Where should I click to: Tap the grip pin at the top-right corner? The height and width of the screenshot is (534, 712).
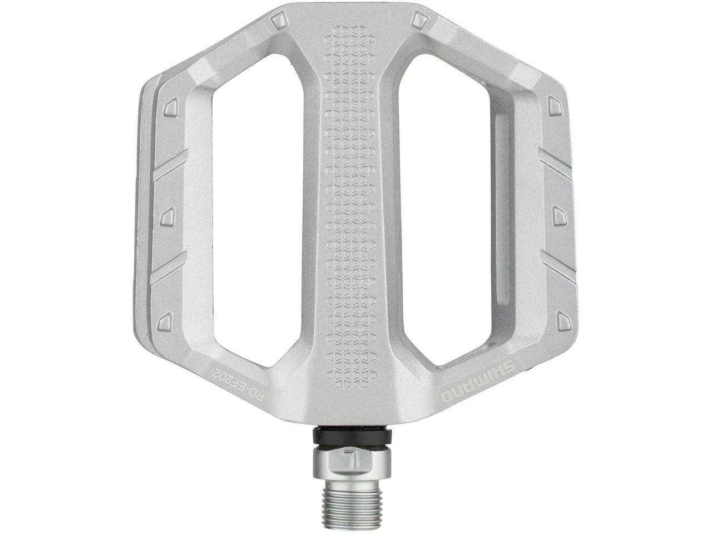tap(417, 21)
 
